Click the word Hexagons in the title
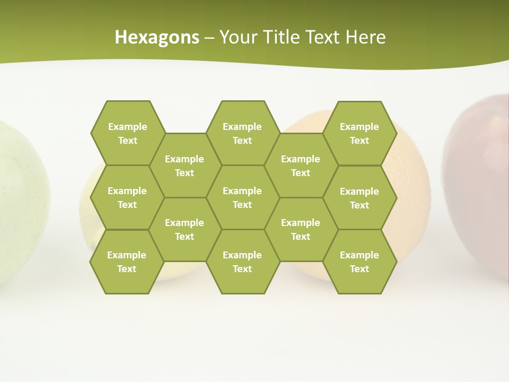coord(157,37)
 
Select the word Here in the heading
coord(365,37)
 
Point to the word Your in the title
coord(238,37)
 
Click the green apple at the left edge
coord(21,202)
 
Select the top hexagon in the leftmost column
coord(127,133)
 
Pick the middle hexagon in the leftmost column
coord(127,197)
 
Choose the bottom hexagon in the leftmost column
coord(127,262)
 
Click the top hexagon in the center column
coord(242,133)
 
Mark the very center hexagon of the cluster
coord(242,197)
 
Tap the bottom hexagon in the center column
coord(242,262)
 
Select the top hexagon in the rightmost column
coord(359,133)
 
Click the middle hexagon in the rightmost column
coord(359,198)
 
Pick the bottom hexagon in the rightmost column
coord(359,262)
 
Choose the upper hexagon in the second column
coord(185,166)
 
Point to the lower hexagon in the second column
coord(185,229)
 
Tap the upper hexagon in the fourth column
coord(301,166)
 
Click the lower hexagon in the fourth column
coord(301,229)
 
